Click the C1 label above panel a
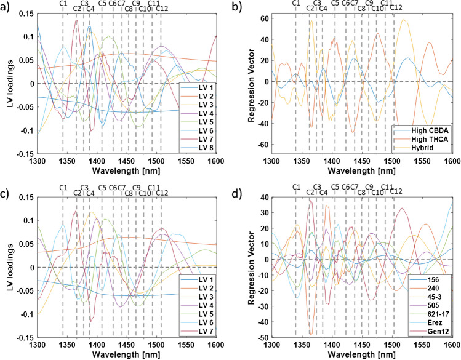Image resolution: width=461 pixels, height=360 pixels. (x=63, y=4)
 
